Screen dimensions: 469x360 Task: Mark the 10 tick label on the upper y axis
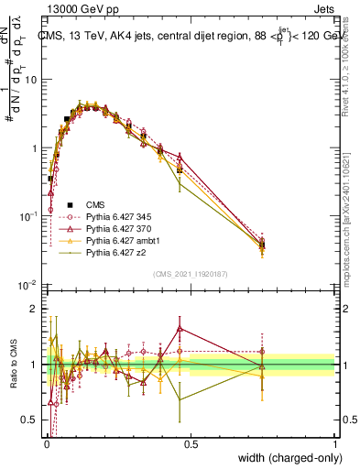[x=30, y=80]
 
